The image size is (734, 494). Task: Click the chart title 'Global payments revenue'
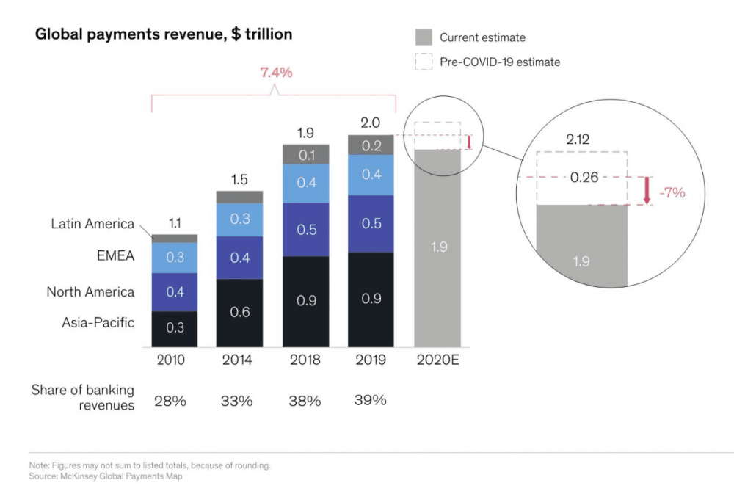pyautogui.click(x=164, y=34)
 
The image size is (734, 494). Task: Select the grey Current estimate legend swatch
pyautogui.click(x=424, y=37)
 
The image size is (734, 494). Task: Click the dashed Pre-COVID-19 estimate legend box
pyautogui.click(x=424, y=62)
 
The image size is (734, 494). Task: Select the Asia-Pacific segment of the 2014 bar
pyautogui.click(x=239, y=313)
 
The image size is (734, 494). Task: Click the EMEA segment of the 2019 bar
pyautogui.click(x=371, y=175)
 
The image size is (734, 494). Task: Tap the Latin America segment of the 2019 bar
pyautogui.click(x=371, y=145)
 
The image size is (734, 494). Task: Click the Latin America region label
pyautogui.click(x=92, y=224)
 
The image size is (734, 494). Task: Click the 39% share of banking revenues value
pyautogui.click(x=371, y=400)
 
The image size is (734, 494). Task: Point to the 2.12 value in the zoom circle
pyautogui.click(x=581, y=138)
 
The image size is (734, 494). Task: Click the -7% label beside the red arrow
pyautogui.click(x=672, y=193)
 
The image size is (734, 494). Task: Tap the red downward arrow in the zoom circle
pyautogui.click(x=647, y=190)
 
